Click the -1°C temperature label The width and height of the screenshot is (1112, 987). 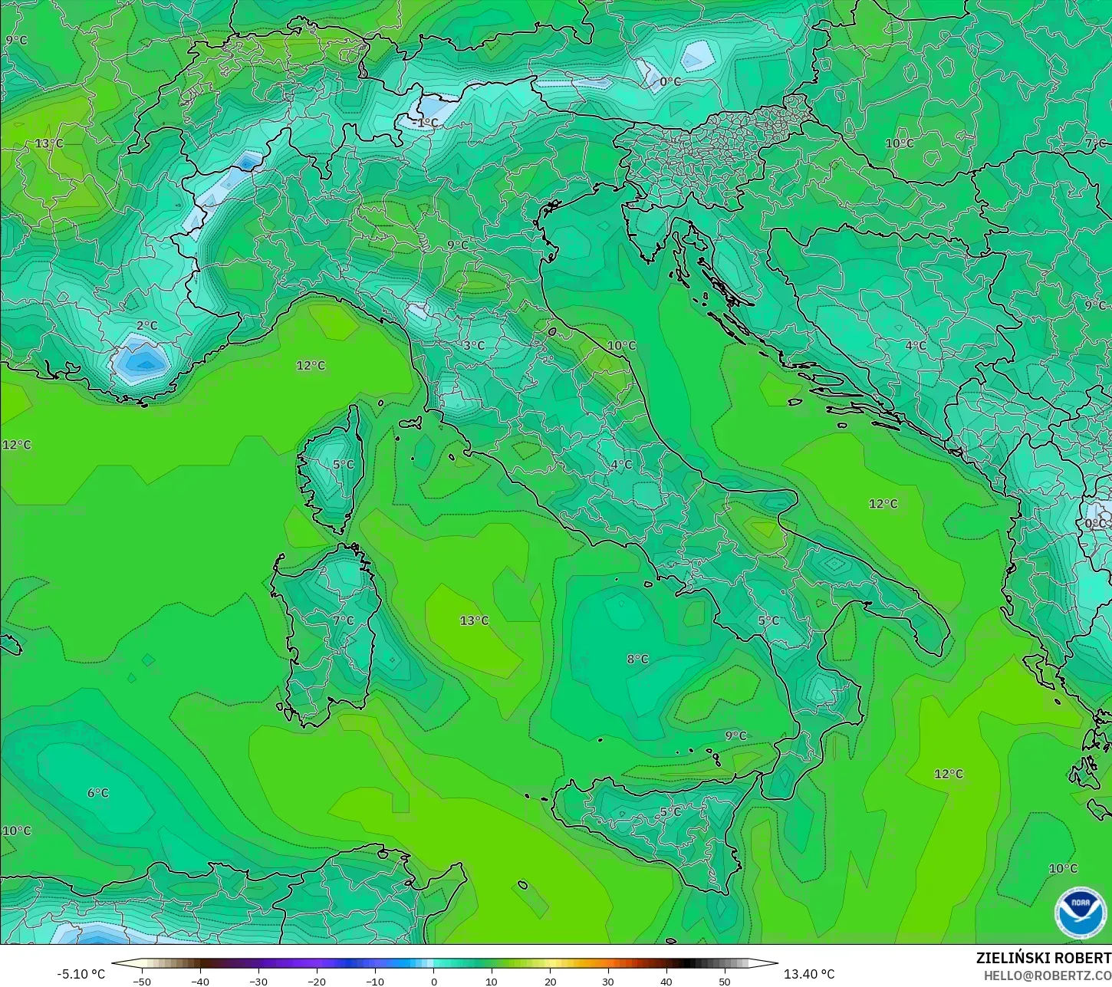[x=425, y=123]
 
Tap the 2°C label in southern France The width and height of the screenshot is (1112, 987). [x=146, y=326]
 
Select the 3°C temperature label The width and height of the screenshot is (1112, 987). [x=474, y=346]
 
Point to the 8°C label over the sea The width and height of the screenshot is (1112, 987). [x=637, y=659]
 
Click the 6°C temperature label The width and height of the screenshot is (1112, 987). [x=98, y=793]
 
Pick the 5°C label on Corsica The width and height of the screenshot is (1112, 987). [x=343, y=465]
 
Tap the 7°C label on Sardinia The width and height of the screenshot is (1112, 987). [x=343, y=620]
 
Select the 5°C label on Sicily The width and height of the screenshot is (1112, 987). [x=670, y=812]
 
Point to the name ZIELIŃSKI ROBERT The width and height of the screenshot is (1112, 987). [x=1043, y=958]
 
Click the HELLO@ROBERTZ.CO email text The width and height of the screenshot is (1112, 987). [x=1048, y=975]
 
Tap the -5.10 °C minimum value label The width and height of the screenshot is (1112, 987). [x=81, y=974]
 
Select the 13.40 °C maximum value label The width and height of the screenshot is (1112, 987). [x=809, y=974]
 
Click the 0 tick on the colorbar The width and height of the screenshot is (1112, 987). [x=433, y=981]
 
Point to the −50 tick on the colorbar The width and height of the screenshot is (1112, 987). [x=142, y=981]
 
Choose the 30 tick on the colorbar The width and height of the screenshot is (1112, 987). [x=608, y=981]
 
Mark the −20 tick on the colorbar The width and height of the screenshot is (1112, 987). [x=316, y=981]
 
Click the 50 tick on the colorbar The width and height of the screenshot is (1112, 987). [x=725, y=981]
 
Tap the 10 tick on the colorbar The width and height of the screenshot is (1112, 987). [x=492, y=981]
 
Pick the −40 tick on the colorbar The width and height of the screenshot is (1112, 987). [x=200, y=981]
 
